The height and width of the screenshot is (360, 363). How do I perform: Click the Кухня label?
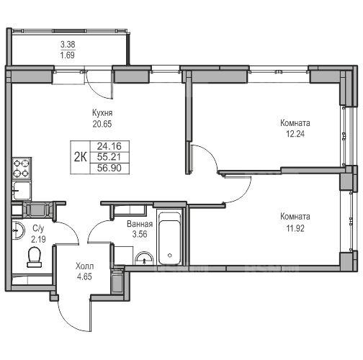point(102,113)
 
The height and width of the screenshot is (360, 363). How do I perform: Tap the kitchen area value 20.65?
point(102,124)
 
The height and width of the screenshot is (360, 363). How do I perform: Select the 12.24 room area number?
point(295,134)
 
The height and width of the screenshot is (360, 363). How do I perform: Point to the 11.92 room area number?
point(295,228)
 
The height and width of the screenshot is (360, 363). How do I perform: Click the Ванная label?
point(140,224)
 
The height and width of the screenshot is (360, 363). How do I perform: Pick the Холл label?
point(84,266)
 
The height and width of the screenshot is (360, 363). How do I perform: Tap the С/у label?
point(38,229)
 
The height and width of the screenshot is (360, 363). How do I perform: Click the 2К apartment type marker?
point(80,158)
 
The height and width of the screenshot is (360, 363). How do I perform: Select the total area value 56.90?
point(109,168)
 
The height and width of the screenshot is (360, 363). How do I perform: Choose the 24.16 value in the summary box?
point(109,146)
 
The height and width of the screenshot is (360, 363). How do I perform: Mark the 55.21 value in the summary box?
point(109,157)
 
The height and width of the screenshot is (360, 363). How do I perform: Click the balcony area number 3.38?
point(68,45)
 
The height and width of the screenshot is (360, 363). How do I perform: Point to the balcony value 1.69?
point(68,55)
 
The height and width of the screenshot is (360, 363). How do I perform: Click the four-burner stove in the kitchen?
point(22,168)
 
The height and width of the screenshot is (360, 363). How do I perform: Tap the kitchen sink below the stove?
point(22,191)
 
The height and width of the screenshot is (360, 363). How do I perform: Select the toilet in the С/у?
point(35,257)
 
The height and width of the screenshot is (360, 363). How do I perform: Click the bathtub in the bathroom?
point(170,238)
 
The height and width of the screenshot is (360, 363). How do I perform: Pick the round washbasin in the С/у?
point(18,230)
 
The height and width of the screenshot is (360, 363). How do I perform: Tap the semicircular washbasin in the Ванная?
point(144,258)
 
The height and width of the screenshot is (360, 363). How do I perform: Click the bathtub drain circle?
point(170,256)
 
